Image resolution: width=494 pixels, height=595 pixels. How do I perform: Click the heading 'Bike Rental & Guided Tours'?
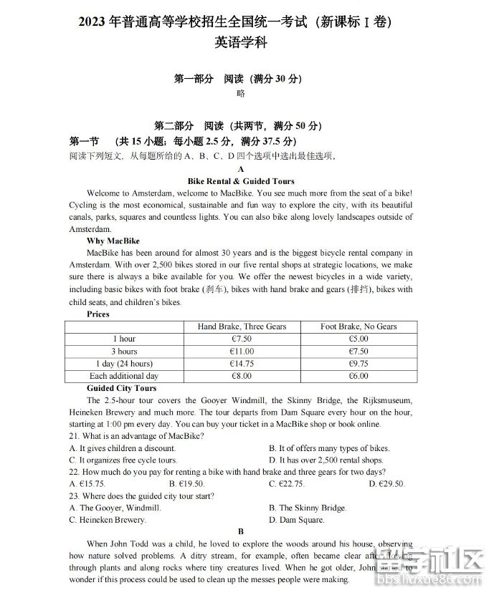[240, 181]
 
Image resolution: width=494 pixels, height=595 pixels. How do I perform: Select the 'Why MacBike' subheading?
[113, 241]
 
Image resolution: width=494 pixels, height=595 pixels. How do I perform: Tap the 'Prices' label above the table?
[98, 314]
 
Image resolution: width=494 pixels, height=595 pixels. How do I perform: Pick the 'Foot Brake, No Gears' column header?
[358, 326]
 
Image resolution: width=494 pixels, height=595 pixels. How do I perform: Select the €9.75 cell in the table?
[358, 364]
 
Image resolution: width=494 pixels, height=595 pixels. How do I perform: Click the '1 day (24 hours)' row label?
[123, 364]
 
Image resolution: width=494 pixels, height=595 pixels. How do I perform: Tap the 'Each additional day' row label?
[123, 376]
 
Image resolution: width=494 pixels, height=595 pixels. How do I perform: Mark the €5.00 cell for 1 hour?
[358, 339]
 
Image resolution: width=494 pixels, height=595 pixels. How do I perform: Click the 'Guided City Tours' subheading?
[121, 388]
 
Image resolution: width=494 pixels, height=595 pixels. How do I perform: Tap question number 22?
[75, 472]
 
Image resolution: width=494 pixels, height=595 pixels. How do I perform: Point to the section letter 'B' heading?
[241, 531]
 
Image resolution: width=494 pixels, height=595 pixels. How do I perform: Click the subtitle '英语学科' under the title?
[241, 42]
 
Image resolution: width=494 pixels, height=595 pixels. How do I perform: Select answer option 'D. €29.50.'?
[386, 484]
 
